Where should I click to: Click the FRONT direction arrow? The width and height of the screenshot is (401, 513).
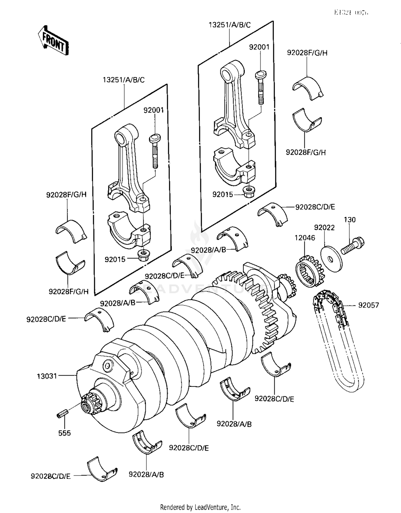[x=53, y=41]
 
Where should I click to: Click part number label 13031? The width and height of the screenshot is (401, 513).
[x=47, y=376]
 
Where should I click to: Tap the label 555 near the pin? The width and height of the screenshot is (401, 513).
[x=64, y=433]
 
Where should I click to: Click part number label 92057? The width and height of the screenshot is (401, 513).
[x=368, y=305]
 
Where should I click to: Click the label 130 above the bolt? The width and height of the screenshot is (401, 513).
[x=349, y=220]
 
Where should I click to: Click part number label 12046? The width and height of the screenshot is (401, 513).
[x=305, y=238]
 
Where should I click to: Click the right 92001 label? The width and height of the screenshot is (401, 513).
[x=259, y=47]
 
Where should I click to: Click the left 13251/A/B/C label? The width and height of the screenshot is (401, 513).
[x=124, y=80]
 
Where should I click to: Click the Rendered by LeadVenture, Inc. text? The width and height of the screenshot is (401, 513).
[x=200, y=507]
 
